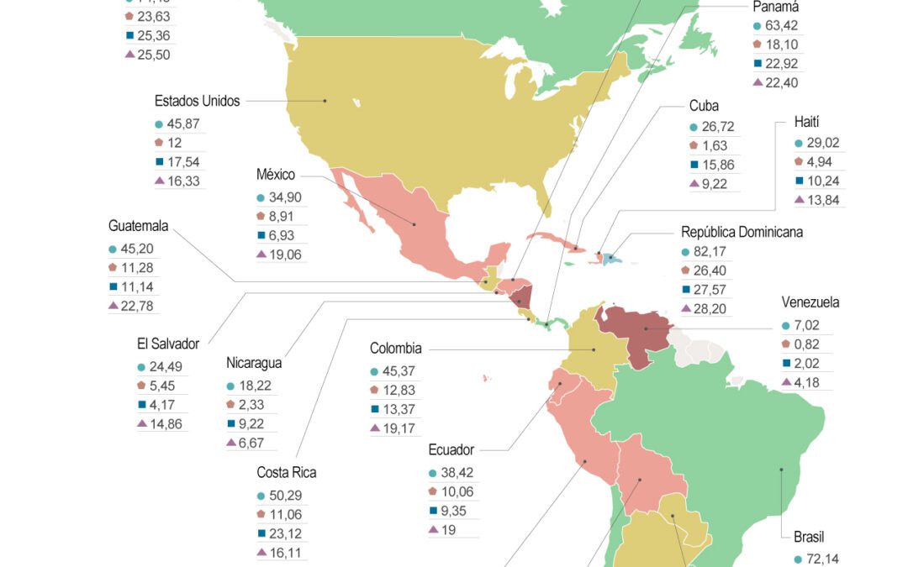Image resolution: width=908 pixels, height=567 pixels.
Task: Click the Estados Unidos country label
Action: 197,101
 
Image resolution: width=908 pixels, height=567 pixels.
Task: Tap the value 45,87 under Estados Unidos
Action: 184,123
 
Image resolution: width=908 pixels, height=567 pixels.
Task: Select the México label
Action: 276,175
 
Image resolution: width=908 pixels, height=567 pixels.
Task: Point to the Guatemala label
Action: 139,226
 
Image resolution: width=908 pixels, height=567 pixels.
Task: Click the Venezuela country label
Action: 810,302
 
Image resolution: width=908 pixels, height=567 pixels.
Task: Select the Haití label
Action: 805,122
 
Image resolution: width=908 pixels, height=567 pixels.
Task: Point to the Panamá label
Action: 775,7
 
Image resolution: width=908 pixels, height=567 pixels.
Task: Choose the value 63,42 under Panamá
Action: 782,25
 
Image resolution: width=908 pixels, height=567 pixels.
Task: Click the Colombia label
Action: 395,349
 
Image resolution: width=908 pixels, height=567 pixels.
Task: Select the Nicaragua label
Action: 254,363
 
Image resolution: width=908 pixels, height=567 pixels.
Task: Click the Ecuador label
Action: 451,449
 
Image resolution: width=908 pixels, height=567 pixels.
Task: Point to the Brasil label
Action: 809,537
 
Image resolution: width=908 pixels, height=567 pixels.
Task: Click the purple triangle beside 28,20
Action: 694,309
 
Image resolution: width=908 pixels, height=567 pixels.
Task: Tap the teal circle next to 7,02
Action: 785,326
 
